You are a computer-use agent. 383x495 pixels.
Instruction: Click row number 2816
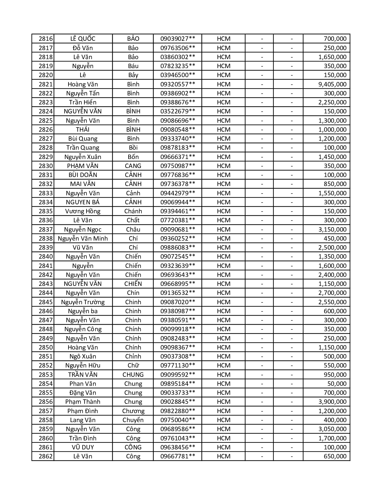46,39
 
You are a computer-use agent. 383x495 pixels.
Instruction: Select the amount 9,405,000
332,84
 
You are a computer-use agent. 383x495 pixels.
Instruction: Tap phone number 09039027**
178,39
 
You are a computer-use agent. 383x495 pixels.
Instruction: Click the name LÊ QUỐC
83,39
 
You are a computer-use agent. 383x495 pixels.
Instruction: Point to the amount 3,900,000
332,402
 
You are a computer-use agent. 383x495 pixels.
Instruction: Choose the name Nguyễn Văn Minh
83,238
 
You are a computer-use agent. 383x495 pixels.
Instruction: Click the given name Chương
133,411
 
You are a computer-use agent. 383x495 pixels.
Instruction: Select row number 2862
46,456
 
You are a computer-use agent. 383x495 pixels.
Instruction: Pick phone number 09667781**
178,456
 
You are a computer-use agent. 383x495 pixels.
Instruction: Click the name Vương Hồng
83,211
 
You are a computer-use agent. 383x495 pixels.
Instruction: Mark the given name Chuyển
133,420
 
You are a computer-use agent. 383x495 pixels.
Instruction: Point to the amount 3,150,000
332,229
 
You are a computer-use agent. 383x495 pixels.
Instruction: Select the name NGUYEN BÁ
83,202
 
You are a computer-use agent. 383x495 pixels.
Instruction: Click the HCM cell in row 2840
223,256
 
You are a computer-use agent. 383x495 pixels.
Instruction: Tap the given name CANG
133,166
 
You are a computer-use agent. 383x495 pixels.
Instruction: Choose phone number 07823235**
178,66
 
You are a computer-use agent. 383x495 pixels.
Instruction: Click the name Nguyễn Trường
83,302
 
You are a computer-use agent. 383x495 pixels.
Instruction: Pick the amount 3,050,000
332,429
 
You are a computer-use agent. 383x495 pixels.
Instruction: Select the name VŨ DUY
83,447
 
